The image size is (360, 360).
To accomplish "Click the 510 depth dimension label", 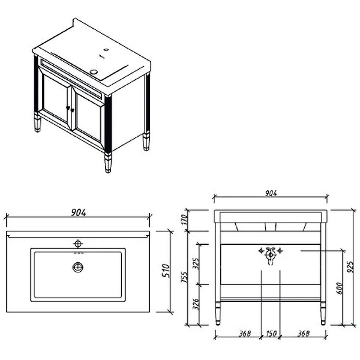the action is (166, 271).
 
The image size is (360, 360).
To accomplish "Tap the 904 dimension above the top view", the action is (78, 212).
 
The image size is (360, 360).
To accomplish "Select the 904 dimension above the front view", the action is (271, 193).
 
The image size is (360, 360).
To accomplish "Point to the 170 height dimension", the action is (184, 220).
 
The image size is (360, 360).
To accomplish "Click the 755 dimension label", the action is (184, 277).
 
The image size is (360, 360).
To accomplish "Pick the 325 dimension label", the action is (196, 263).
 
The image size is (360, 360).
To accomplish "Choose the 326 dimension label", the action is (196, 304).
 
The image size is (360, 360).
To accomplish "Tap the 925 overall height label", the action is (350, 266).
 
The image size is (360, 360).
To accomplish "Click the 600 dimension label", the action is (339, 288).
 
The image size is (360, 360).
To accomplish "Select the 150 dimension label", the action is (271, 333).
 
